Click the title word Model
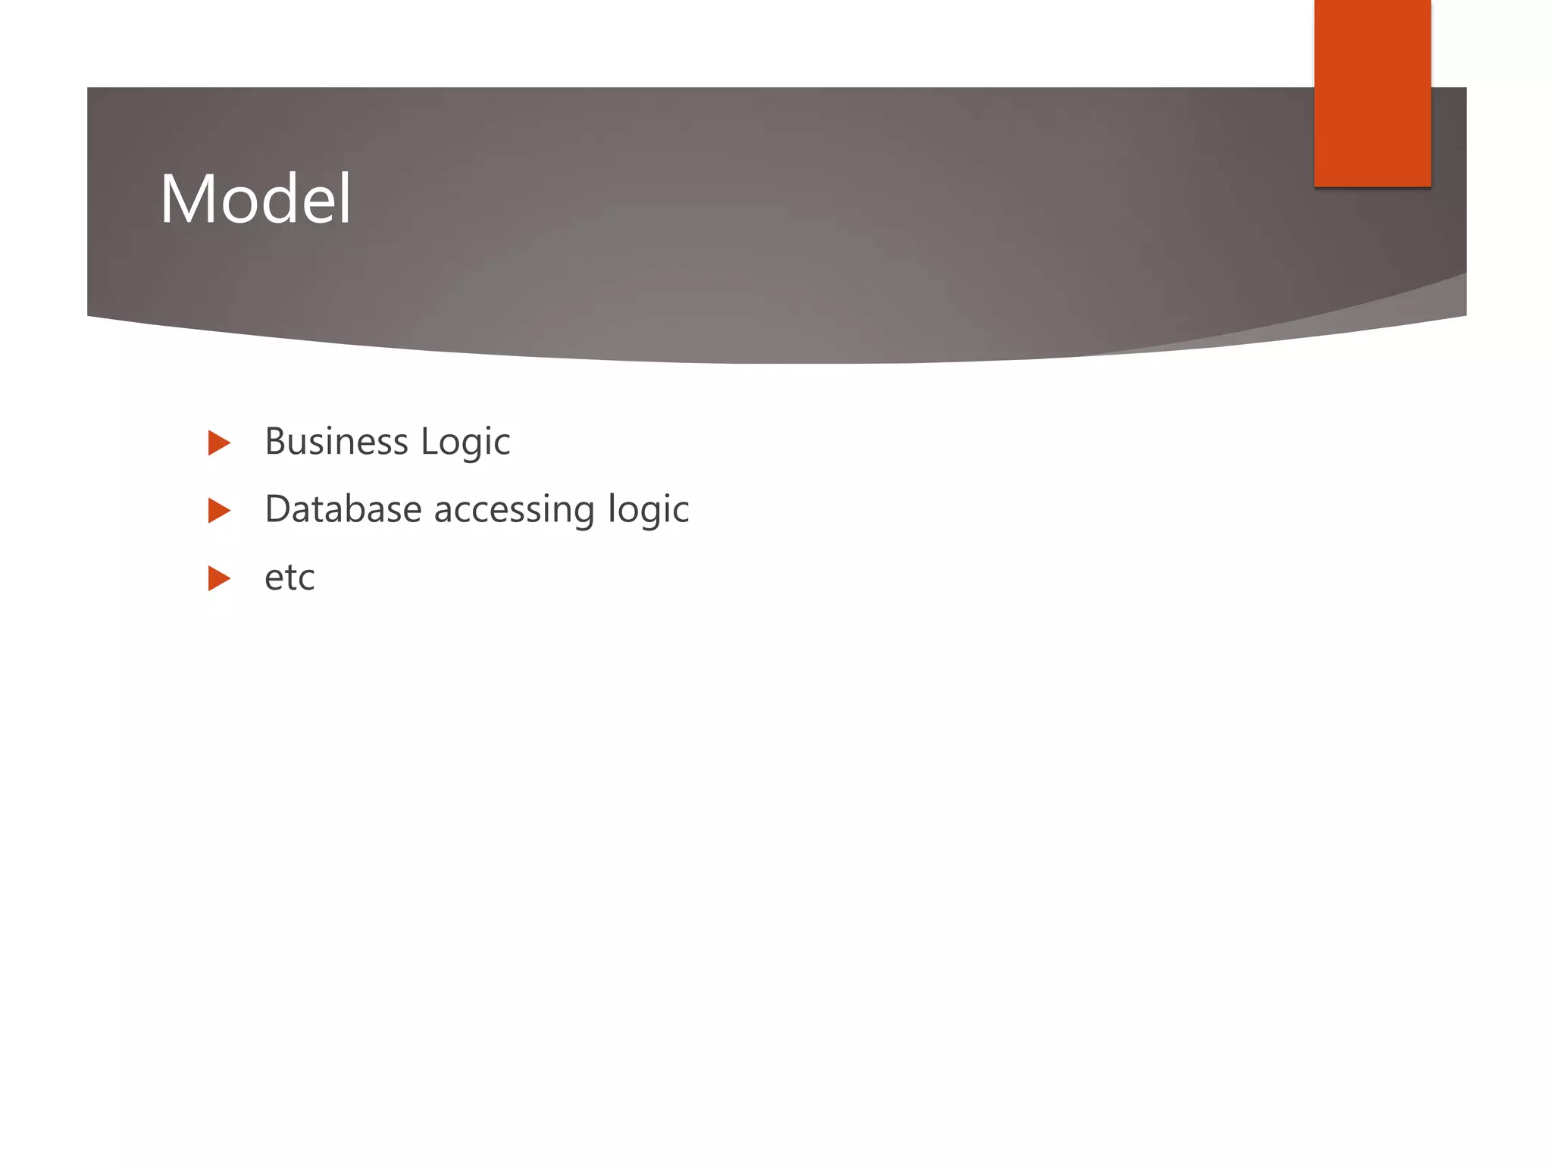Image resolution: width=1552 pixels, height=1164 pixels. tap(255, 199)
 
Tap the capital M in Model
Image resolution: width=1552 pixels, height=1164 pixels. tap(185, 199)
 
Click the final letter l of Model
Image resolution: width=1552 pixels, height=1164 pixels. tap(346, 199)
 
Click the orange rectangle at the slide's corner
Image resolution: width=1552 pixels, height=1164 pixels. tap(1372, 92)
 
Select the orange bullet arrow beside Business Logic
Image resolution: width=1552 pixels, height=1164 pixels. tap(218, 443)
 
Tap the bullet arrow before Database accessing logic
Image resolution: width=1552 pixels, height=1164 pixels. tap(218, 511)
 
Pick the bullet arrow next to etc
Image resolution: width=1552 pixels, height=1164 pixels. tap(218, 579)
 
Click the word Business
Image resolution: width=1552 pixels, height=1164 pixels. tap(336, 442)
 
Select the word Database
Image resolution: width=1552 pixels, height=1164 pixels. tap(343, 509)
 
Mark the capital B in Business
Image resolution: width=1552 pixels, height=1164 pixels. tap(275, 442)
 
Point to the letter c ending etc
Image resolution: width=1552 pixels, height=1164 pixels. tap(306, 581)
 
